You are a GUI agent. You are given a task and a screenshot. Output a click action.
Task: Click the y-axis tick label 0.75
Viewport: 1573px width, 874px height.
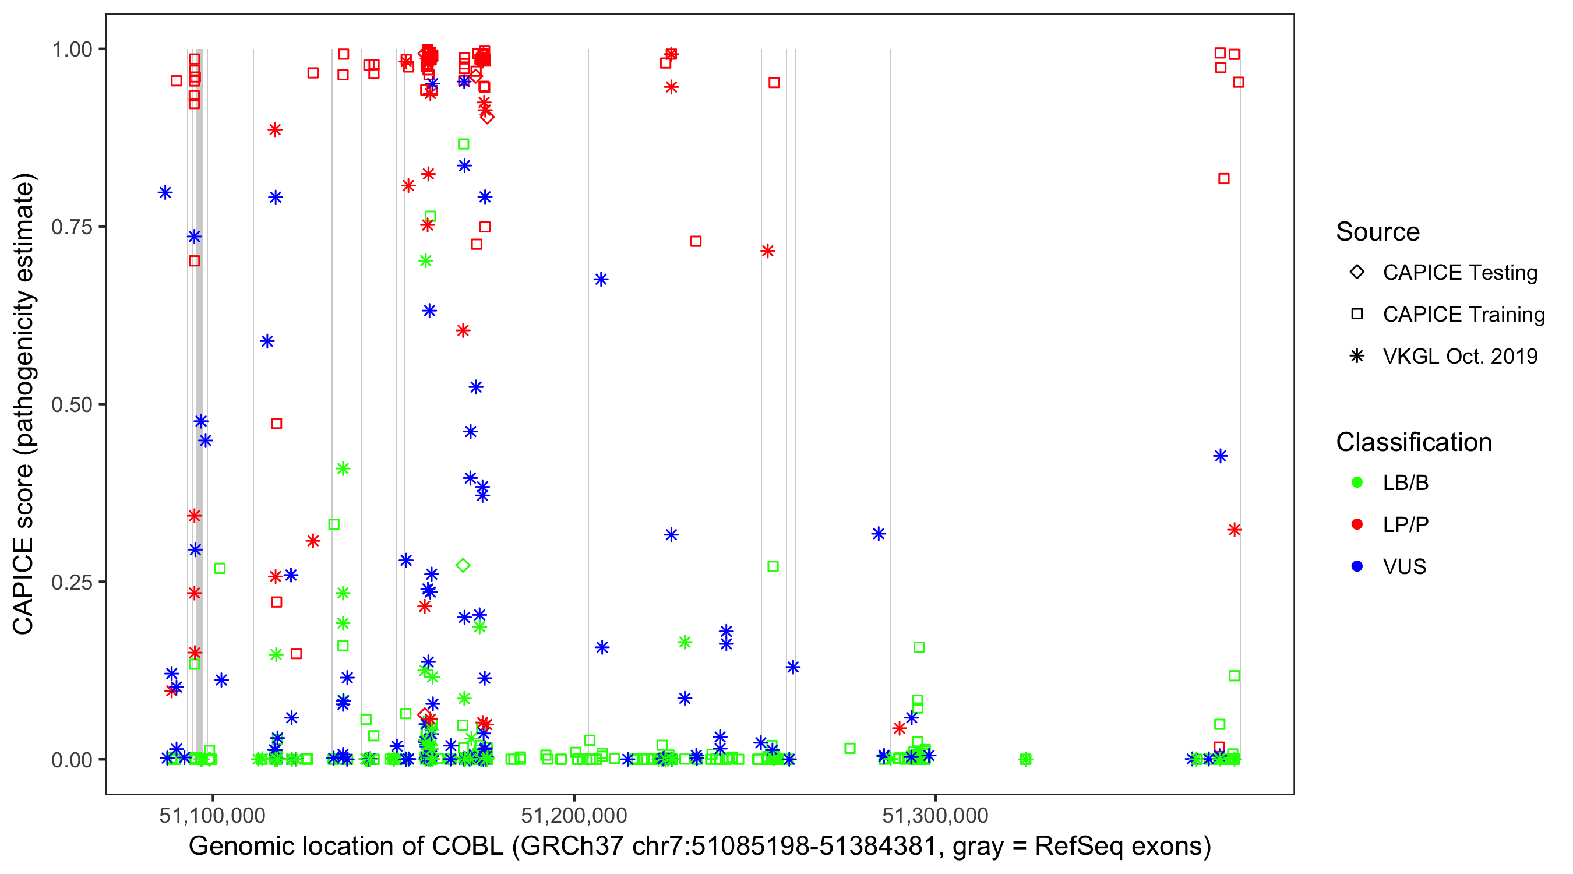pyautogui.click(x=71, y=227)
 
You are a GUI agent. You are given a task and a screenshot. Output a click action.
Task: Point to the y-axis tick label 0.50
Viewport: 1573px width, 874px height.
pyautogui.click(x=71, y=404)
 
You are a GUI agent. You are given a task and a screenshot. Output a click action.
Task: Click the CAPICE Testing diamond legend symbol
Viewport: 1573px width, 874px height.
pyautogui.click(x=1357, y=273)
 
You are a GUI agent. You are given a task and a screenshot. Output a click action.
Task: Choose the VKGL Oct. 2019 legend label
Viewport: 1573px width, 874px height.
pyautogui.click(x=1460, y=356)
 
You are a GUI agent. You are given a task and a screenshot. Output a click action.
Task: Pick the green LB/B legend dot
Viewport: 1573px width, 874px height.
pyautogui.click(x=1357, y=482)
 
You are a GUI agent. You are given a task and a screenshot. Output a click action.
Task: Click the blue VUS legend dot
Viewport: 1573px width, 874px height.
pyautogui.click(x=1357, y=566)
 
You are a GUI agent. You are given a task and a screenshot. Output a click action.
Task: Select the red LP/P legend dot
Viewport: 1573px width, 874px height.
pyautogui.click(x=1357, y=524)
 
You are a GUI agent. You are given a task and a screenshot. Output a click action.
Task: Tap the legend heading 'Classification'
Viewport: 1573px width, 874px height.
pyautogui.click(x=1413, y=442)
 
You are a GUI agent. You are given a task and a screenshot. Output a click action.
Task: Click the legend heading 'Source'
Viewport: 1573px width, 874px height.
pyautogui.click(x=1378, y=232)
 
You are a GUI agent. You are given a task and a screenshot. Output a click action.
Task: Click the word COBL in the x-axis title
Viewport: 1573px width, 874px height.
pyautogui.click(x=467, y=847)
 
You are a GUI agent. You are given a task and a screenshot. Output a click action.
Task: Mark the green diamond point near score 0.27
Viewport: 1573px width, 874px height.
pyautogui.click(x=463, y=566)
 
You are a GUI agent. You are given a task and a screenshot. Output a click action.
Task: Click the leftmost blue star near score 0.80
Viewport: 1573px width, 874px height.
pyautogui.click(x=165, y=193)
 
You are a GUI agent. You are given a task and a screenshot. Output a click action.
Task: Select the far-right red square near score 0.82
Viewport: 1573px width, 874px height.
pyautogui.click(x=1223, y=179)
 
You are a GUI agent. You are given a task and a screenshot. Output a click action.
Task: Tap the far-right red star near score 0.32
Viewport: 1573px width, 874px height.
pyautogui.click(x=1235, y=530)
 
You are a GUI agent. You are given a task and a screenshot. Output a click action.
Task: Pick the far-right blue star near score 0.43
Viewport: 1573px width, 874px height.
pyautogui.click(x=1220, y=456)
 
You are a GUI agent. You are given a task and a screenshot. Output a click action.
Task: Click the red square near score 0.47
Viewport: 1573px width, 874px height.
pyautogui.click(x=277, y=424)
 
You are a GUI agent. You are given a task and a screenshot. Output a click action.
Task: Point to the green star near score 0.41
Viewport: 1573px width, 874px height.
pyautogui.click(x=343, y=469)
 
